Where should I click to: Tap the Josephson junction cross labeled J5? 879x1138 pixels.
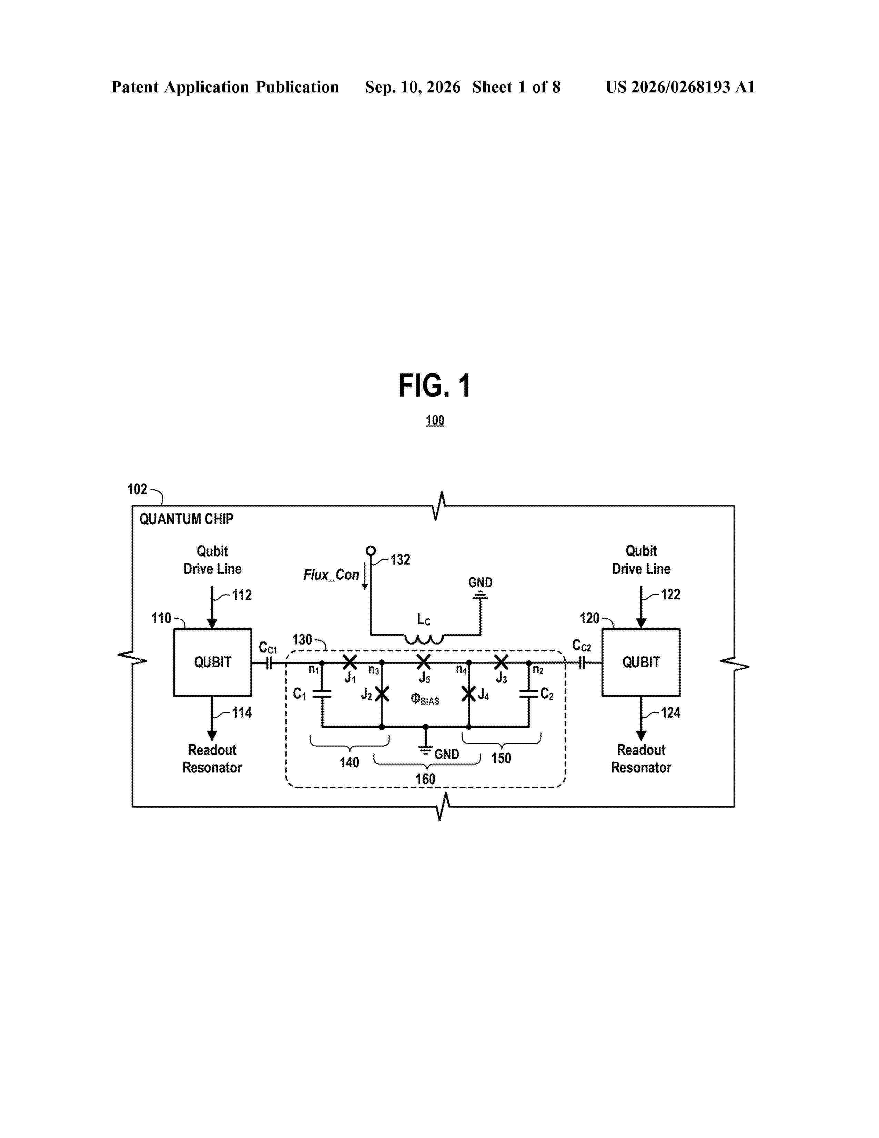click(x=424, y=662)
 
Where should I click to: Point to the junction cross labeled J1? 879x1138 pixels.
click(x=350, y=662)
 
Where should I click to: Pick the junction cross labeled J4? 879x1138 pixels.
click(x=469, y=694)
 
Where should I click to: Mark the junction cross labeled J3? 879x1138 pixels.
click(x=501, y=662)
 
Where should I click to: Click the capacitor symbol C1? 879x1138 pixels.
click(x=322, y=694)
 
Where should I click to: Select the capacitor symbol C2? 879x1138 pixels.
click(x=529, y=694)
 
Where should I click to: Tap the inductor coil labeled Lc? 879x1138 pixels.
click(x=424, y=639)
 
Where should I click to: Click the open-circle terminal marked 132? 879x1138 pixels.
click(x=371, y=550)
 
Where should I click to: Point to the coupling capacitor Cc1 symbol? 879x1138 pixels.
click(x=269, y=663)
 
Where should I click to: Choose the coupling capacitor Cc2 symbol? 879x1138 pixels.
click(x=583, y=663)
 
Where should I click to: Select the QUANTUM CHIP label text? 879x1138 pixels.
click(x=186, y=519)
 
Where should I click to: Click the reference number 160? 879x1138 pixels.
click(x=425, y=779)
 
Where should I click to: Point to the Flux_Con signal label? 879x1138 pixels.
click(x=331, y=575)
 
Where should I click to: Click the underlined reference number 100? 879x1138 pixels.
click(x=435, y=420)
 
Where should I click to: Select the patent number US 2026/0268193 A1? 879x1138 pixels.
click(x=680, y=87)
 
